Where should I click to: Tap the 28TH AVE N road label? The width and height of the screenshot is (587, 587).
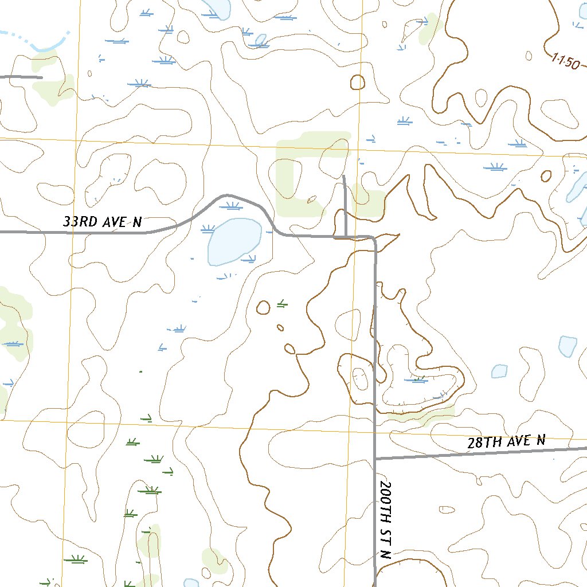[x=506, y=441]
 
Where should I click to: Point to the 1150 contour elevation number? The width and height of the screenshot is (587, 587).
[x=566, y=61]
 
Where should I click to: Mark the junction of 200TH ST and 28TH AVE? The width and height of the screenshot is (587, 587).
[x=375, y=458]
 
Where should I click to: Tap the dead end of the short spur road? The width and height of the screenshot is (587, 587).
[x=343, y=177]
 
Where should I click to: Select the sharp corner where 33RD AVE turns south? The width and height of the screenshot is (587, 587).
[x=374, y=238]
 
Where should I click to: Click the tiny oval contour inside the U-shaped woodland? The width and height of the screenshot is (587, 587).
[x=312, y=200]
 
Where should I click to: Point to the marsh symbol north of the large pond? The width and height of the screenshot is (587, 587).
[x=232, y=206]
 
